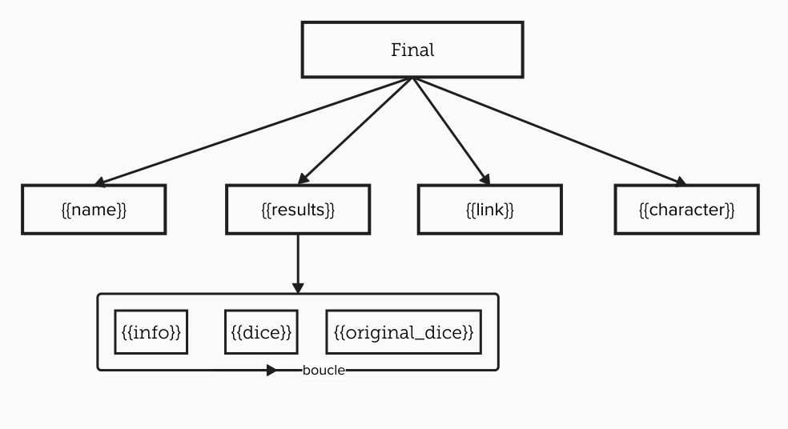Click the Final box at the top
coord(412,50)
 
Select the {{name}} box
coord(94,210)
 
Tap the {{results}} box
coord(298,210)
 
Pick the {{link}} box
coord(489,210)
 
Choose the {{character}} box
coord(686,210)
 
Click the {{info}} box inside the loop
coord(151,332)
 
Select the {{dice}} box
coord(261,332)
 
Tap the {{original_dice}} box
coord(404,332)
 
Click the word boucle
coord(324,371)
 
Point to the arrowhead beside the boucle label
coord(272,371)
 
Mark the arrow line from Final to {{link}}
coord(448,129)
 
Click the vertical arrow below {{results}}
coord(298,260)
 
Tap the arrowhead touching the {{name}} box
coord(101,182)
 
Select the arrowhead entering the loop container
coord(298,287)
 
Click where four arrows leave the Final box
coord(412,78)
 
